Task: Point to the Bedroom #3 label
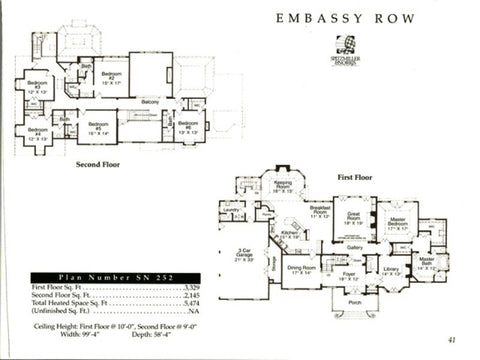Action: coord(38,85)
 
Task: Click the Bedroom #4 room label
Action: coord(38,132)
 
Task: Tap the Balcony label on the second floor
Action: coord(151,102)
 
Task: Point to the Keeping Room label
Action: coord(283,186)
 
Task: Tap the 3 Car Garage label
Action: coord(243,256)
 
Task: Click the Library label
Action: coord(390,270)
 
